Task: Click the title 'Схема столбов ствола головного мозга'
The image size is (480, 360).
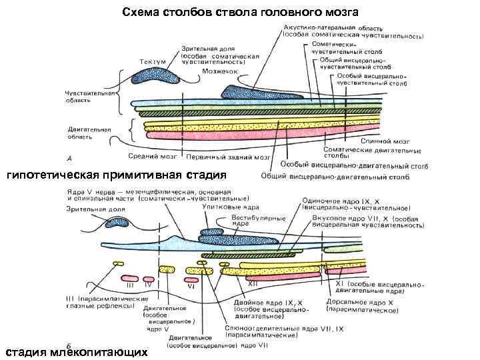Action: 240,12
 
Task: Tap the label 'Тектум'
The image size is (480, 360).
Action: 153,61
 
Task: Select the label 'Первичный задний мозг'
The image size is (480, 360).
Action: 228,158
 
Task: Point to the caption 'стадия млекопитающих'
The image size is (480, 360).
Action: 76,351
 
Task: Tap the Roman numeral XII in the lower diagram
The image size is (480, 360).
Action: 253,283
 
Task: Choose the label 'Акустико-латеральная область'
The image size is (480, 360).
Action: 340,27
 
